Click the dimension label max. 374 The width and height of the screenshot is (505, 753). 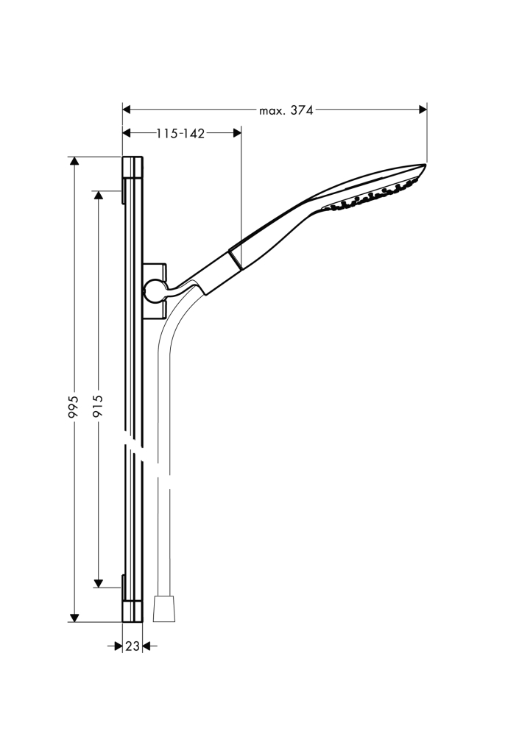[x=286, y=110]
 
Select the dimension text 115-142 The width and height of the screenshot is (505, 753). [x=180, y=133]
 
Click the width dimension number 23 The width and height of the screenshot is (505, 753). [x=132, y=646]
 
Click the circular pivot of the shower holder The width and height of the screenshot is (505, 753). [x=154, y=291]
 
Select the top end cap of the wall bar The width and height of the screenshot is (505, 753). [x=133, y=167]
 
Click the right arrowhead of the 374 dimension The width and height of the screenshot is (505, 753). [x=423, y=110]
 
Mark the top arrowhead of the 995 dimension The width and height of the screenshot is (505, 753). [x=74, y=162]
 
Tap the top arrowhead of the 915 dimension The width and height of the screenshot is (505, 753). [x=98, y=196]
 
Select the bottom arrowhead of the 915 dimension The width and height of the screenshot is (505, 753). [x=98, y=583]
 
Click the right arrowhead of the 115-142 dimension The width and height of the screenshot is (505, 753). [x=236, y=133]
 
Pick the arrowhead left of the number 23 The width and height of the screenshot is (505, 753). [x=117, y=646]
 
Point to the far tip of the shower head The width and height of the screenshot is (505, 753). [x=425, y=165]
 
